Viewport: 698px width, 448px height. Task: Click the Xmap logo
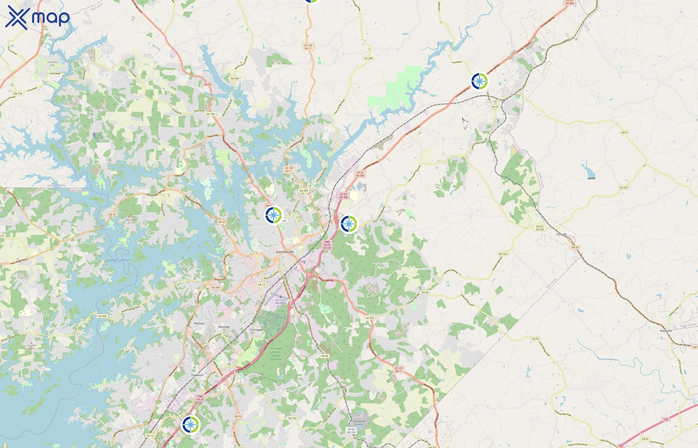click(x=37, y=18)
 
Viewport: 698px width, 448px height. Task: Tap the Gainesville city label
click(x=285, y=252)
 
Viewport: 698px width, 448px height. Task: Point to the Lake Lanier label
click(x=119, y=260)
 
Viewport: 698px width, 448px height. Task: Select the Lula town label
click(x=514, y=94)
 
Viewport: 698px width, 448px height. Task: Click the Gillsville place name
click(x=561, y=234)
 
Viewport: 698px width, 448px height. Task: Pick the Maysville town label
click(x=666, y=331)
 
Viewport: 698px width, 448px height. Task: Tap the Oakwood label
click(x=197, y=375)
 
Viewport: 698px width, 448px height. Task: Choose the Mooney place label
click(x=224, y=327)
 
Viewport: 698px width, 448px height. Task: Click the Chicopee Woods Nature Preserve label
click(x=276, y=354)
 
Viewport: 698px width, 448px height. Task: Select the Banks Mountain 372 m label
click(x=131, y=220)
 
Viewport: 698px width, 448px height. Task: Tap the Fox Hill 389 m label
click(x=31, y=347)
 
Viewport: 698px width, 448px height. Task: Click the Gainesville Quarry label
click(x=359, y=422)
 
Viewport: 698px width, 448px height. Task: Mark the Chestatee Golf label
click(x=52, y=63)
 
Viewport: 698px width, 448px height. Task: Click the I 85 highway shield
click(x=666, y=419)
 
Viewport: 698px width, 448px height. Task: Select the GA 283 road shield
click(x=235, y=78)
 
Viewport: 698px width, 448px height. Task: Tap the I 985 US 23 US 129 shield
click(x=327, y=245)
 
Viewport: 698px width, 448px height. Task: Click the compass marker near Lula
click(x=479, y=81)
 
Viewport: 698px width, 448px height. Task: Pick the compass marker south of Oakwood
click(x=190, y=424)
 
